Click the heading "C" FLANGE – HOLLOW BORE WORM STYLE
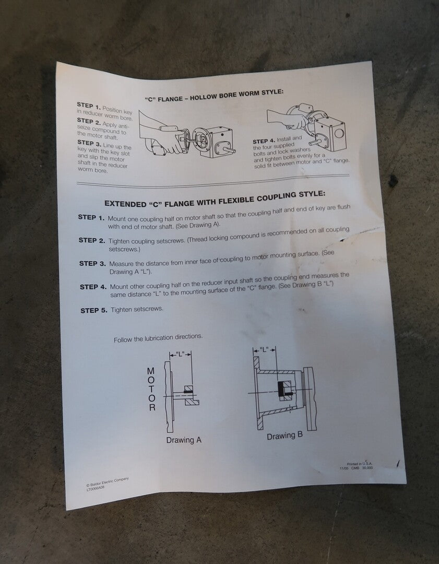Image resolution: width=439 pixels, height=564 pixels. click(215, 95)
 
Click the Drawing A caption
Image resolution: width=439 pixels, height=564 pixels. click(184, 440)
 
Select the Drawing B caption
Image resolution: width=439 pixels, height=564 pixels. click(285, 436)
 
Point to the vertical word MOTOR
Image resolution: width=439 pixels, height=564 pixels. click(151, 389)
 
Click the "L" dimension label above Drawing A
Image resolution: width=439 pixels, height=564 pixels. click(180, 354)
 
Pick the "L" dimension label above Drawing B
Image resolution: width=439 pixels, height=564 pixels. click(264, 349)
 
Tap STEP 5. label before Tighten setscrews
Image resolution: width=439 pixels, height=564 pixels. click(94, 310)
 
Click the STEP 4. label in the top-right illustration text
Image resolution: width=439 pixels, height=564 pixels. click(264, 141)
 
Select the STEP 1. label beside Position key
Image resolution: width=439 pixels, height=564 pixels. click(89, 105)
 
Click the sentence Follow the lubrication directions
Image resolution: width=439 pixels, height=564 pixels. click(158, 338)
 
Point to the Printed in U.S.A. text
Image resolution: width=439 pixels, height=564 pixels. click(360, 464)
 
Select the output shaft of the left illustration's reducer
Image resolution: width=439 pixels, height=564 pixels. click(229, 149)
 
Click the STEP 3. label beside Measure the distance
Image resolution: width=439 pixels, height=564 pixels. click(92, 264)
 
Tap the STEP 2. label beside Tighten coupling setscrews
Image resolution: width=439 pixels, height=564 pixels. click(92, 240)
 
